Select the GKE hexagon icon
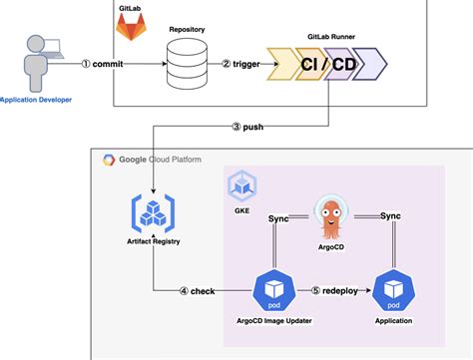[242, 184]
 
